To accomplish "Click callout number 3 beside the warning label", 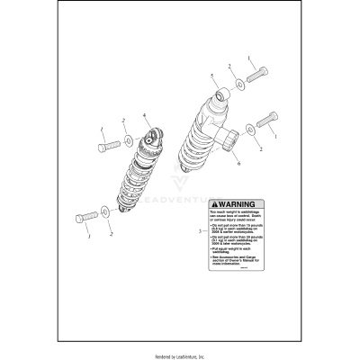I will coord(199,232).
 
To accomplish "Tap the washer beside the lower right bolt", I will coord(248,127).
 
